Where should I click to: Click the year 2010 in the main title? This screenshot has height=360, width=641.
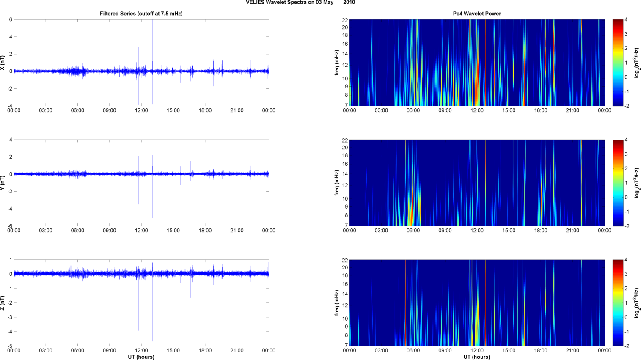pyautogui.click(x=349, y=3)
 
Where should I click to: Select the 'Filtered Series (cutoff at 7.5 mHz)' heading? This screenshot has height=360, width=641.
pyautogui.click(x=141, y=14)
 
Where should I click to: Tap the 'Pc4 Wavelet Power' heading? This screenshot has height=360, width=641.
pyautogui.click(x=477, y=14)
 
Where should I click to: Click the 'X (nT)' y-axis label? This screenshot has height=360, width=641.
pyautogui.click(x=3, y=63)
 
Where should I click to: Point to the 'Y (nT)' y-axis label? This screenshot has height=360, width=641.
pyautogui.click(x=3, y=183)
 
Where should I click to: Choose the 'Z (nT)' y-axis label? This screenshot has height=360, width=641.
pyautogui.click(x=3, y=303)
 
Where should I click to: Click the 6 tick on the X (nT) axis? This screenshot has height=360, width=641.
pyautogui.click(x=11, y=19)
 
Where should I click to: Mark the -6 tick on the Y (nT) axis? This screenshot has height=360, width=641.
pyautogui.click(x=9, y=226)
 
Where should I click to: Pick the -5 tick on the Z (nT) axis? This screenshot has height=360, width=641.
pyautogui.click(x=9, y=346)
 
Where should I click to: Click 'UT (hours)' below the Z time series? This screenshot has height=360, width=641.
pyautogui.click(x=141, y=357)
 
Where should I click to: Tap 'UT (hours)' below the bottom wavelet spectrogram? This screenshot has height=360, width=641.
pyautogui.click(x=477, y=357)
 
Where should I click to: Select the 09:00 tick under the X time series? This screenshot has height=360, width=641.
pyautogui.click(x=109, y=110)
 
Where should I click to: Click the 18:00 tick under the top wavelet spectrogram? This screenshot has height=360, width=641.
pyautogui.click(x=541, y=110)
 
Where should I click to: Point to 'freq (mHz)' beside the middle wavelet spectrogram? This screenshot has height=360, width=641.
pyautogui.click(x=337, y=183)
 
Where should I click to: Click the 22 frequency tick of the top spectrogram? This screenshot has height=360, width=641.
pyautogui.click(x=345, y=20)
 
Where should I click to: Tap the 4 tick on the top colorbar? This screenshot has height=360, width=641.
pyautogui.click(x=626, y=20)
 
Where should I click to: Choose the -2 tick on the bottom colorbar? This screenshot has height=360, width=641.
pyautogui.click(x=627, y=346)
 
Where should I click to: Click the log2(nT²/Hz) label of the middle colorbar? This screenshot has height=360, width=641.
pyautogui.click(x=637, y=183)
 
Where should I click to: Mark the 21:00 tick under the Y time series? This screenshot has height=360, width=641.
pyautogui.click(x=237, y=231)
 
